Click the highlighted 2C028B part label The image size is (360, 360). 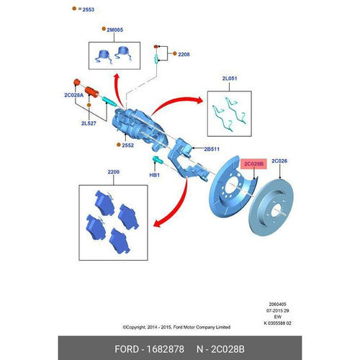coord(253,164)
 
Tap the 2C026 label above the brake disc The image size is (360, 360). coord(279,161)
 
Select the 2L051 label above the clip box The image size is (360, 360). coord(230,78)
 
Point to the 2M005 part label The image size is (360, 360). coord(114,30)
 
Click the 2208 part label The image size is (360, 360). coord(184,55)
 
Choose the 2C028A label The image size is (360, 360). coord(74,95)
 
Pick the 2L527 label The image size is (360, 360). coord(89,123)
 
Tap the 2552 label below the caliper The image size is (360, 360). coord(127,145)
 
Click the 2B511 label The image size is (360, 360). coord(212,149)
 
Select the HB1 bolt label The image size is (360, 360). coord(154,175)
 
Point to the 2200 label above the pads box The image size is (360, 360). coord(114,172)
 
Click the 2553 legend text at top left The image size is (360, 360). coord(89,9)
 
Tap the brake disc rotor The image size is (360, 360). coord(271,207)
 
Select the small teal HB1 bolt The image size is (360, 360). coord(158,159)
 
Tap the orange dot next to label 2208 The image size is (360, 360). coord(175,53)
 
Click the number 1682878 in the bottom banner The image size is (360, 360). coord(165,349)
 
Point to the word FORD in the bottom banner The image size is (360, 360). coord(127,349)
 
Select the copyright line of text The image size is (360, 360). coord(176,327)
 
